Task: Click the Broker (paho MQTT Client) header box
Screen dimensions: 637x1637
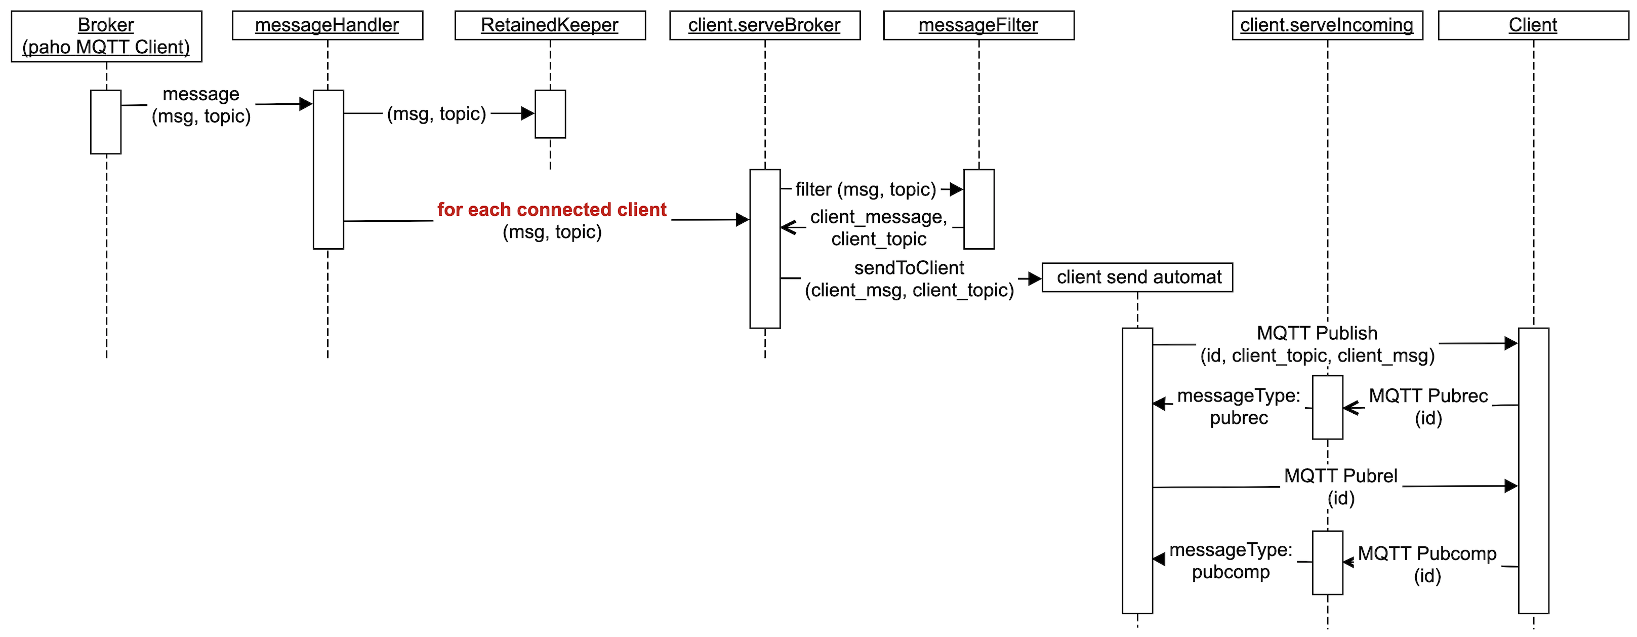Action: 106,36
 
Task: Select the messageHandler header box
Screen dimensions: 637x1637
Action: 328,25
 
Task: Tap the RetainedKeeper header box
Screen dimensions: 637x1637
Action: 550,25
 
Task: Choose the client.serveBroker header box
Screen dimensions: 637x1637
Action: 764,25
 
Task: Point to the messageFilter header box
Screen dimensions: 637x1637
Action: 978,25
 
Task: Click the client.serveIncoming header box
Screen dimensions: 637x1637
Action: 1327,25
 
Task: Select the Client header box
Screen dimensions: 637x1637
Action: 1533,25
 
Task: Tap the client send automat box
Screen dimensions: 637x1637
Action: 1137,277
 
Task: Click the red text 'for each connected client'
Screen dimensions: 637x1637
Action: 552,209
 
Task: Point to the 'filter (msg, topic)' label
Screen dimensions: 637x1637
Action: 866,189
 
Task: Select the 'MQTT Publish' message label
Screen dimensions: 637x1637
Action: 1317,333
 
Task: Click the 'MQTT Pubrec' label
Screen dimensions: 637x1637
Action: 1428,396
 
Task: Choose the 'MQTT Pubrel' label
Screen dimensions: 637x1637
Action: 1340,476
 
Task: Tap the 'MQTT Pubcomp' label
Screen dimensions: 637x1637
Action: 1426,554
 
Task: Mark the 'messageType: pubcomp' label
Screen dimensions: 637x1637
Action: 1231,561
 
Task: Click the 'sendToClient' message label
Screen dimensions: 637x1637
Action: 909,268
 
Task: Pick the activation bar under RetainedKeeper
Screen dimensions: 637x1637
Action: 550,114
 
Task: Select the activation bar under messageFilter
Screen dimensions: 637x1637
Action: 978,209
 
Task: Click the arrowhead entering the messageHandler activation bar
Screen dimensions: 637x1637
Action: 306,104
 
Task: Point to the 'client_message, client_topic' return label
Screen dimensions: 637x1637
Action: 878,227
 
